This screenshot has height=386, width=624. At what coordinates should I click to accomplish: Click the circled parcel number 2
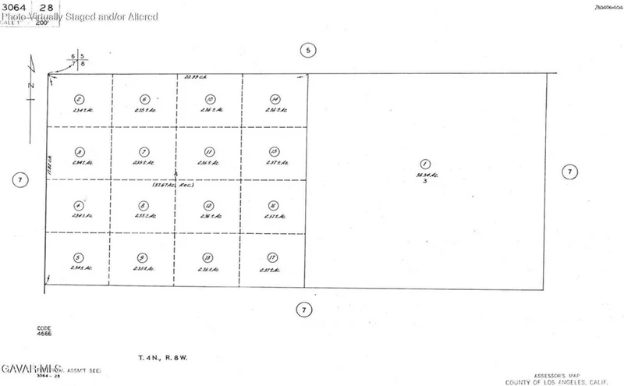pos(79,99)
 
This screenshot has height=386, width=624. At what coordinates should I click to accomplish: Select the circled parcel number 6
pos(144,99)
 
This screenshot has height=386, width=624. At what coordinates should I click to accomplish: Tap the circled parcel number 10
pos(210,99)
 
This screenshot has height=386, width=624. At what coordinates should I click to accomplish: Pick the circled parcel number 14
pos(275,99)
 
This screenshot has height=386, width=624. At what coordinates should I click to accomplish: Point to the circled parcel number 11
pos(209,151)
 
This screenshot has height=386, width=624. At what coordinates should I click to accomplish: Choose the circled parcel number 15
pos(274,151)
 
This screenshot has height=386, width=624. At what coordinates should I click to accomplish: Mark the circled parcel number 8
pos(144,206)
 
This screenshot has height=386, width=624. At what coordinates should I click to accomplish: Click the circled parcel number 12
pos(208,206)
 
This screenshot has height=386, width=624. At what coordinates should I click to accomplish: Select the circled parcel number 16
pos(273,206)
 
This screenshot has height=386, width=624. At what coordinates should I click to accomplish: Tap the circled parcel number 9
pos(143,257)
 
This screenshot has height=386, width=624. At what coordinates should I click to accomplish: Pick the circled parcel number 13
pos(207,257)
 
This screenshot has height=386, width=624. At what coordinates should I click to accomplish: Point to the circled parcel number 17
pos(272,257)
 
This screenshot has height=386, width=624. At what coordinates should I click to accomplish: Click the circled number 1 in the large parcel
pos(425,165)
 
